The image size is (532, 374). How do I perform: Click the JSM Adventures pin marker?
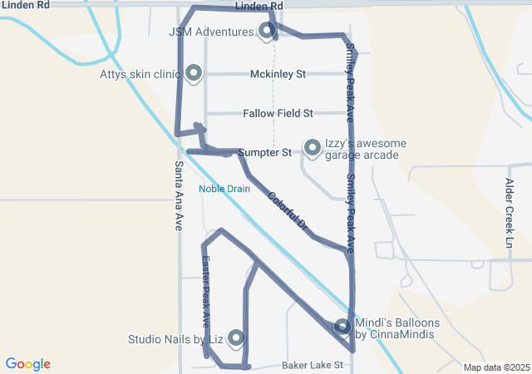click(x=267, y=32)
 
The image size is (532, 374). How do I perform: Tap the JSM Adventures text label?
click(x=211, y=32)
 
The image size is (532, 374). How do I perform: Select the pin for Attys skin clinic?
click(x=194, y=74)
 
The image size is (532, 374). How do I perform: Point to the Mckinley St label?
click(x=278, y=74)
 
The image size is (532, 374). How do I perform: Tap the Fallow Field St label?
click(x=278, y=113)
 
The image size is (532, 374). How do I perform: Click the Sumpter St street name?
click(x=264, y=153)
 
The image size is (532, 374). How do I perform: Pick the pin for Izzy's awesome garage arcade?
click(x=313, y=148)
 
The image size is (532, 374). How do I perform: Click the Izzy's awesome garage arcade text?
click(x=366, y=149)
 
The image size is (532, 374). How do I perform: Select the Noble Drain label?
click(x=224, y=189)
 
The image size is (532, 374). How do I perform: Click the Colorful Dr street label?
click(x=288, y=211)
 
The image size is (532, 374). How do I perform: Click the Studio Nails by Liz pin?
click(x=236, y=337)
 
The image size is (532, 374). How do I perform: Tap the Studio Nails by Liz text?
click(x=175, y=339)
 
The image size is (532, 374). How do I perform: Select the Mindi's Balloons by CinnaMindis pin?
click(x=342, y=327)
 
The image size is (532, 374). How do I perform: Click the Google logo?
click(x=27, y=364)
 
